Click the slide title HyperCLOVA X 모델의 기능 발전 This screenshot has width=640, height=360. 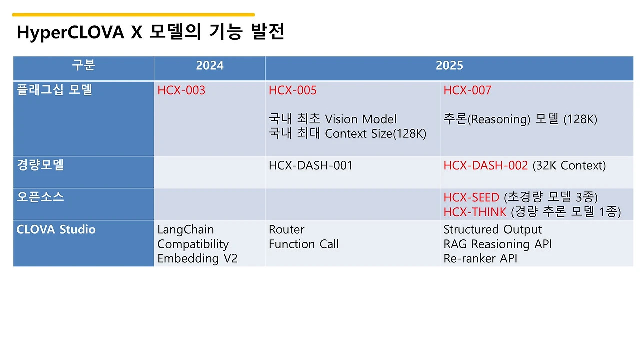tap(150, 32)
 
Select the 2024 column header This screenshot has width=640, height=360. tap(209, 65)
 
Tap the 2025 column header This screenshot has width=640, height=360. tap(449, 65)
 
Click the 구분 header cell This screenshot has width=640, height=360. tap(83, 65)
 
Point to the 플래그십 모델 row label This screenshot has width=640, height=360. tap(54, 90)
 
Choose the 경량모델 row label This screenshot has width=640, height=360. tap(40, 165)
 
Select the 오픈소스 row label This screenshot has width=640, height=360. tap(40, 197)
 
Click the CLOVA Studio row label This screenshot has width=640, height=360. tap(56, 230)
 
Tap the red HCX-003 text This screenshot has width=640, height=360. tap(181, 90)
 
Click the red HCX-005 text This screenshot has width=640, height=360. tap(293, 90)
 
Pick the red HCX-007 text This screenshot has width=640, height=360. tap(467, 90)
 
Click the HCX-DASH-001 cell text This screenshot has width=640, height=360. tap(311, 165)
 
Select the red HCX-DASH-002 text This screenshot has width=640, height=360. tap(485, 165)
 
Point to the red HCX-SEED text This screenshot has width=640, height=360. tap(471, 197)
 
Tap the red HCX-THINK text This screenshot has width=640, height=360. tap(475, 212)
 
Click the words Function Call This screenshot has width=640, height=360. tap(304, 244)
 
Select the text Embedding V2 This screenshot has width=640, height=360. tap(198, 258)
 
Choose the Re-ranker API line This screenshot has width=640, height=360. tap(480, 258)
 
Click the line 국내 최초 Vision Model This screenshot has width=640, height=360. tap(333, 119)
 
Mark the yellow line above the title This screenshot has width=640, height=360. tap(133, 15)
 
